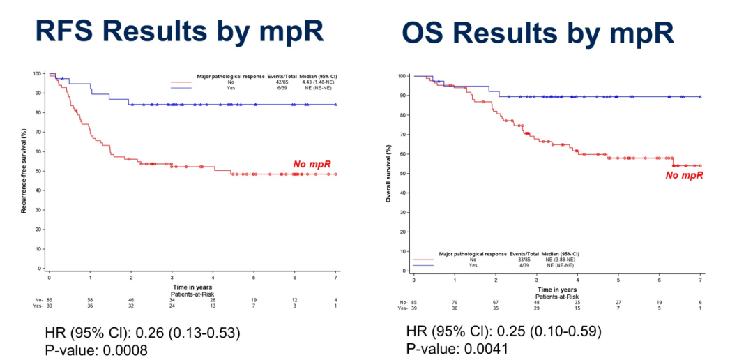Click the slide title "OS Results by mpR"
tap(537, 33)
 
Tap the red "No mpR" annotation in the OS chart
tap(684, 175)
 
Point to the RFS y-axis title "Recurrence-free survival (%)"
tap(24, 171)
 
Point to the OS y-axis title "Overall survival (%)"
tap(388, 173)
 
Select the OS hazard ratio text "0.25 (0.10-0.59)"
tap(553, 332)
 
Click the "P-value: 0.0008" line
tap(96, 350)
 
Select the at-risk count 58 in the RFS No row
tap(89, 299)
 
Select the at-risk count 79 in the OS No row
tap(455, 302)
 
